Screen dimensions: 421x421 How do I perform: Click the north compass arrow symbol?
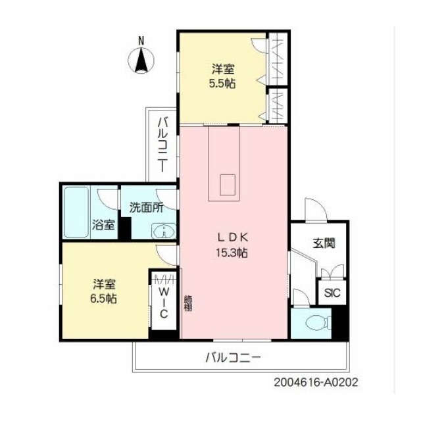point(141,60)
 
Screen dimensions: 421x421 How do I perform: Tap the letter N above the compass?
point(141,41)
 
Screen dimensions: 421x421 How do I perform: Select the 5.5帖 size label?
point(222,84)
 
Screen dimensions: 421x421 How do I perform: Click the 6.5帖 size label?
point(103,299)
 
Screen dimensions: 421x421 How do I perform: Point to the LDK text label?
point(232,237)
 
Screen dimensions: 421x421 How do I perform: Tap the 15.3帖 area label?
point(232,253)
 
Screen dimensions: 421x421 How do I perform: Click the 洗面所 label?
point(146,208)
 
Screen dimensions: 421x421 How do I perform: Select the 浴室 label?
point(104,225)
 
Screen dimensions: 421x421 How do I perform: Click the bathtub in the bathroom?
point(76,212)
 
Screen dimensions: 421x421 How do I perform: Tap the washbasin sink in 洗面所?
point(164,231)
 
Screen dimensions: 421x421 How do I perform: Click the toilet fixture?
point(319,322)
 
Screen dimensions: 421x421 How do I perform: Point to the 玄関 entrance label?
point(324,243)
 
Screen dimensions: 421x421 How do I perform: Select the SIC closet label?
point(332,293)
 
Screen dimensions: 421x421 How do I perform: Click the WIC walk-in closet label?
point(164,303)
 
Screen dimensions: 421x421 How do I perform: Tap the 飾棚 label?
point(187,303)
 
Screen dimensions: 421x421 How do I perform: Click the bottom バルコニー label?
point(233,357)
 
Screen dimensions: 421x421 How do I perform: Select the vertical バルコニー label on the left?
point(163,145)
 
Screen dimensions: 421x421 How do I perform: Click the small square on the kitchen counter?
point(228,185)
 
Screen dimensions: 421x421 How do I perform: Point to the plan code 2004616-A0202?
point(316,382)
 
